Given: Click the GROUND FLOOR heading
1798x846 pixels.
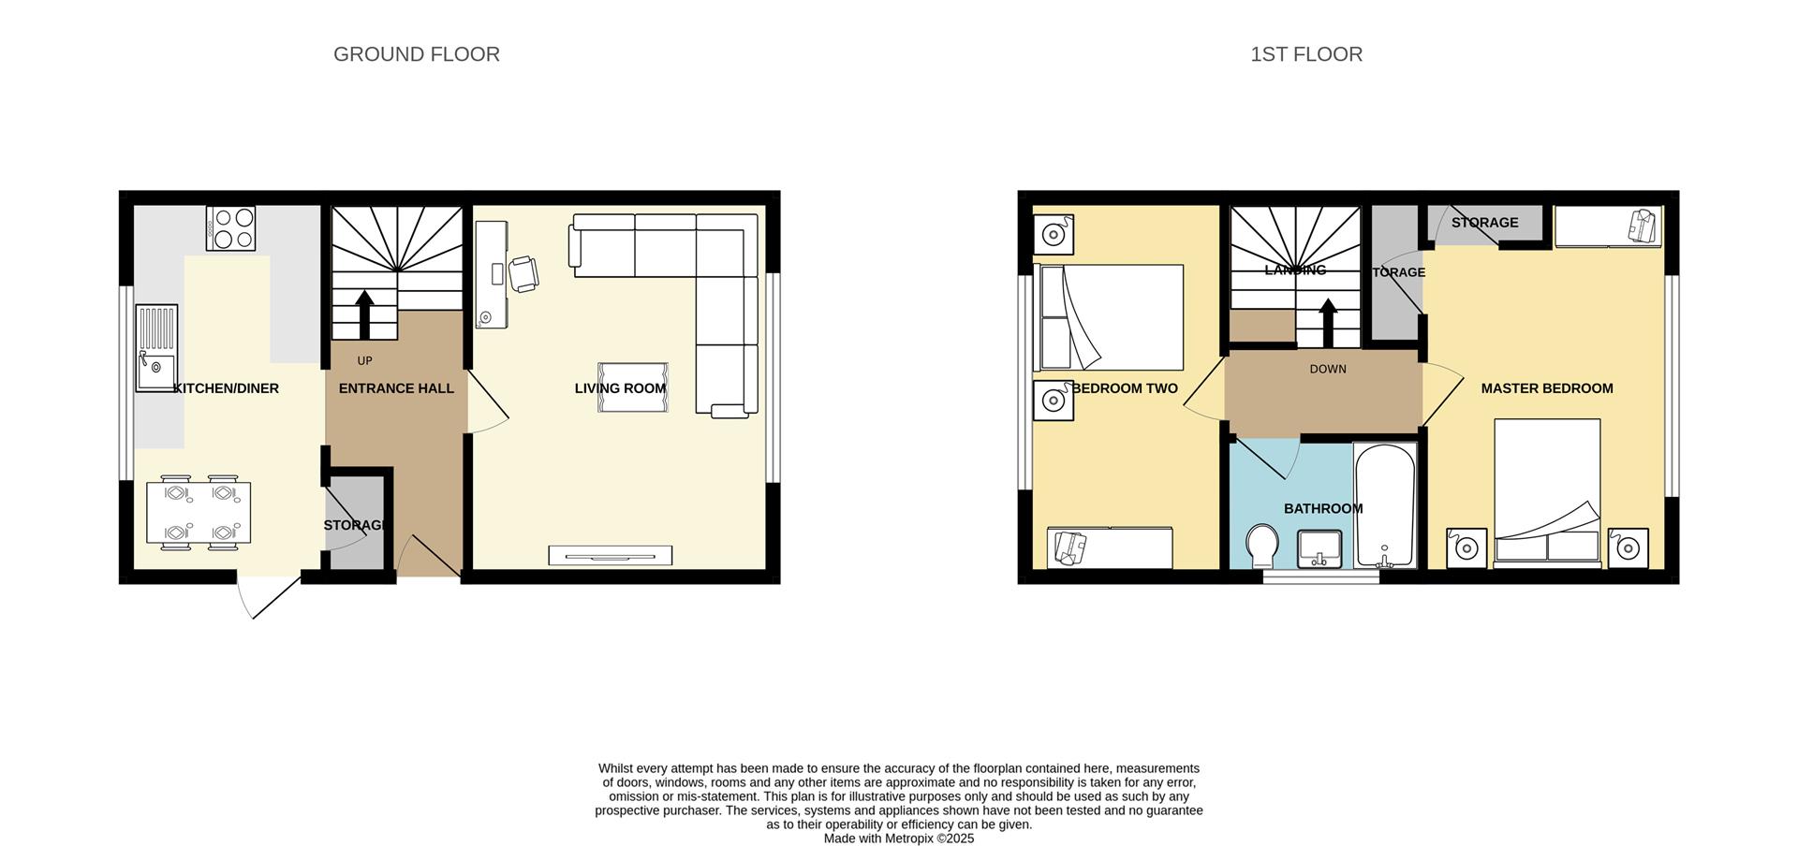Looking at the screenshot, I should (417, 54).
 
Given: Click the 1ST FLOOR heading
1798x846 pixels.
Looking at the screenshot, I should (1306, 54).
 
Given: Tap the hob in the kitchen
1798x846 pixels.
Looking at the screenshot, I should (230, 228).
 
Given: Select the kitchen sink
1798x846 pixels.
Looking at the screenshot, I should (156, 347).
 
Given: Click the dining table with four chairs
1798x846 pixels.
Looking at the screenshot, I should (199, 512).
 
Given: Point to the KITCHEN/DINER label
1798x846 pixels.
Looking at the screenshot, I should (227, 388).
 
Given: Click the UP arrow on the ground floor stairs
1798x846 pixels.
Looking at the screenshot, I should (364, 314).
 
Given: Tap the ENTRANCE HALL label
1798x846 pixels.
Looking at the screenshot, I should (396, 388).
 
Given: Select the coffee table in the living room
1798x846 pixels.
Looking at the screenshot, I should (633, 387).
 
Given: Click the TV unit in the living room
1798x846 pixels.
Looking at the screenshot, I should (610, 555).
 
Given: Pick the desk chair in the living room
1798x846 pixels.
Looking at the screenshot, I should (523, 273).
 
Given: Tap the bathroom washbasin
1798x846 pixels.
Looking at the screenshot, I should (1319, 548).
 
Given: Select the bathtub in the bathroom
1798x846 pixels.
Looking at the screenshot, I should (1385, 505).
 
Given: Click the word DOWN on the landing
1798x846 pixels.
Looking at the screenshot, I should (1328, 370).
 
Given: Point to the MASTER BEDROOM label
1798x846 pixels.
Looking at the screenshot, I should (1547, 388).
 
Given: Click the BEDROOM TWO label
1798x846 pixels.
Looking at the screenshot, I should (1125, 388).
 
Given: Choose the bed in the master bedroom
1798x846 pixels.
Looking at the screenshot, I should (1547, 492).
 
